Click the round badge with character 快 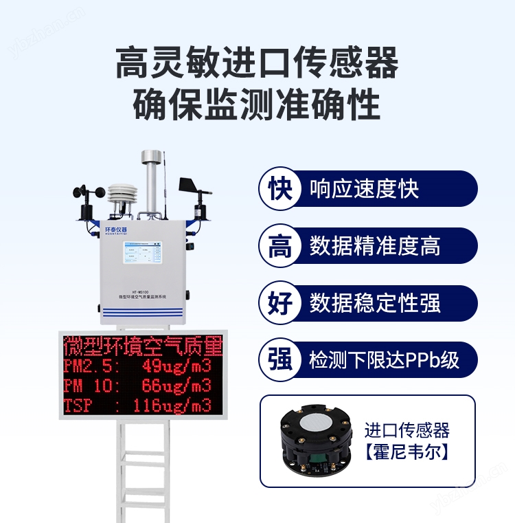(x=279, y=189)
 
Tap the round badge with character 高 (x=279, y=246)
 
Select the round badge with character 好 (x=279, y=303)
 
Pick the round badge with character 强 (x=279, y=359)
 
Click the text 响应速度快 (x=364, y=189)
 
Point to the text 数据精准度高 (x=375, y=246)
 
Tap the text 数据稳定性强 (x=375, y=303)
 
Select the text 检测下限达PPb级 (x=384, y=359)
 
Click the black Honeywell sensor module (x=313, y=440)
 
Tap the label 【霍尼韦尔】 (x=407, y=452)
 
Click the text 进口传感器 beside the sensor (x=407, y=430)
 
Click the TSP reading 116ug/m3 (x=172, y=405)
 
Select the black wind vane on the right (x=194, y=189)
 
